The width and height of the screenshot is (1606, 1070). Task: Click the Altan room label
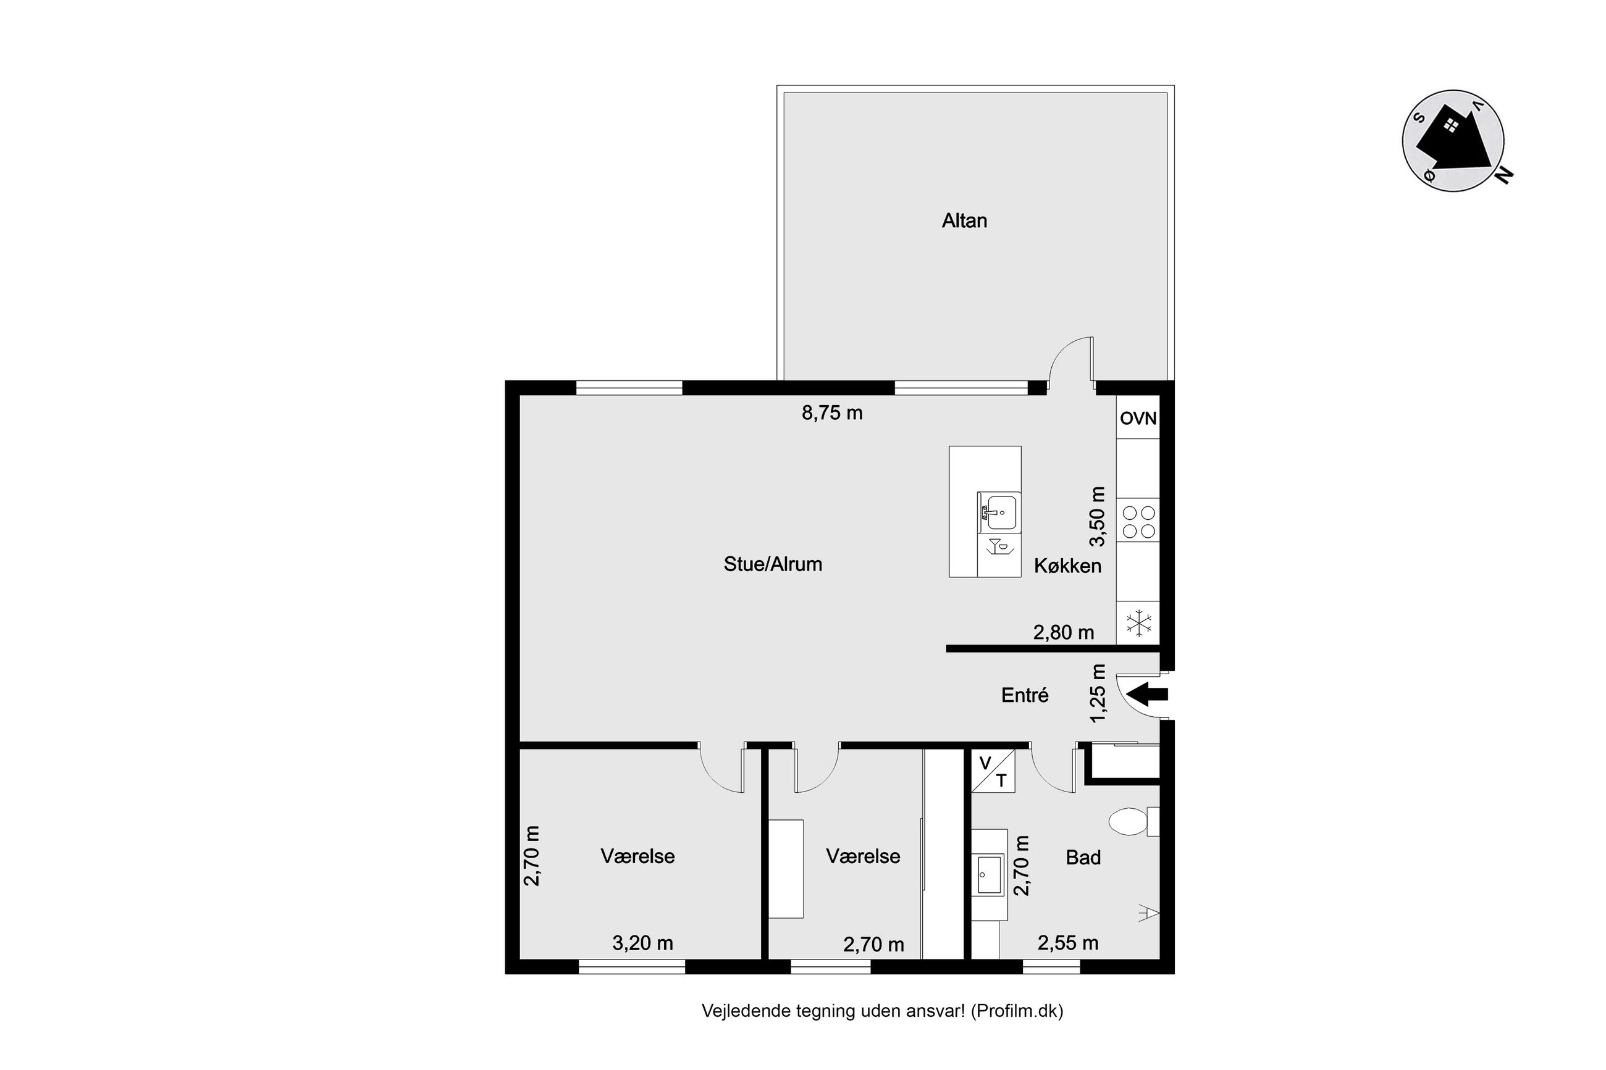pos(964,220)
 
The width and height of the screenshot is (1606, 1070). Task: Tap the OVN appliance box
pos(1138,417)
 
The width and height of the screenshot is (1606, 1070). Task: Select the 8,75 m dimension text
pos(832,413)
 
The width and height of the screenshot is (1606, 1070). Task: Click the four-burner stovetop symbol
pos(1138,521)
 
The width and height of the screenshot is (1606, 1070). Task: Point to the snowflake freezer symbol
pos(1138,624)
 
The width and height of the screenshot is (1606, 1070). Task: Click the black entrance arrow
pos(1147,695)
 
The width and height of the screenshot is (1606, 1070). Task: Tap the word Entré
pos(1025,695)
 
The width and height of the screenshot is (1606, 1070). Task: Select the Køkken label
pos(1067,566)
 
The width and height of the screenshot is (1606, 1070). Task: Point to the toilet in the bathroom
pos(1133,821)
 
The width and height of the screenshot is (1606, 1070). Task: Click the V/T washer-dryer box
pos(993,771)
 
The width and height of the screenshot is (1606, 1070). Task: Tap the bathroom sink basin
pos(990,875)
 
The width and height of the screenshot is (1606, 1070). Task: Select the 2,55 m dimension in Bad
pos(1067,943)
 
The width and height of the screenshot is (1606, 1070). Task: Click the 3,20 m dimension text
pos(642,943)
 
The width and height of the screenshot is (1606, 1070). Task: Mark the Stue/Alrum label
pos(773,564)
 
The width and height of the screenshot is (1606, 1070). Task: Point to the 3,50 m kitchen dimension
pos(1096,517)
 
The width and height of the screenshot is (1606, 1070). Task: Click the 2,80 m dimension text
pos(1064,633)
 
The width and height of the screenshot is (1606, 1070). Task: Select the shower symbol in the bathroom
pos(1149,913)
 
